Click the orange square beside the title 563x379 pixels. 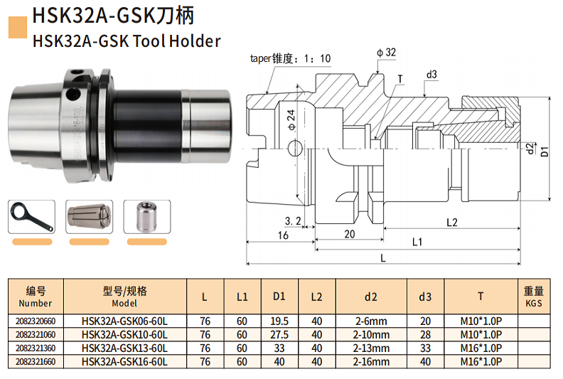[16, 26]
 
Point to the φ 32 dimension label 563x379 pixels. [386, 52]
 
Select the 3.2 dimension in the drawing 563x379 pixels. [292, 221]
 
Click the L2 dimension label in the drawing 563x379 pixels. [453, 223]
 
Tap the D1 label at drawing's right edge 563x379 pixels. [546, 151]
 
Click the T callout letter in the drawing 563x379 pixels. [400, 78]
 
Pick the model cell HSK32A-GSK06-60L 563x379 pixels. [124, 321]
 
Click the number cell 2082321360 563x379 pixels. [36, 349]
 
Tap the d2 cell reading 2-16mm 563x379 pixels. [372, 363]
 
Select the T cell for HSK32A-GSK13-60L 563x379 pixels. [481, 349]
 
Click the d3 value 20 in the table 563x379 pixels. [425, 321]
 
